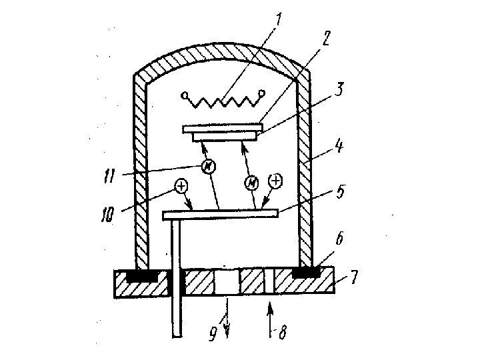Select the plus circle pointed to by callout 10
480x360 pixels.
pyautogui.click(x=181, y=187)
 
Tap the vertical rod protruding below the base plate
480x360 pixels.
pyautogui.click(x=176, y=313)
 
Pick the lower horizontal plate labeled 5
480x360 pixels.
pyautogui.click(x=220, y=213)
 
